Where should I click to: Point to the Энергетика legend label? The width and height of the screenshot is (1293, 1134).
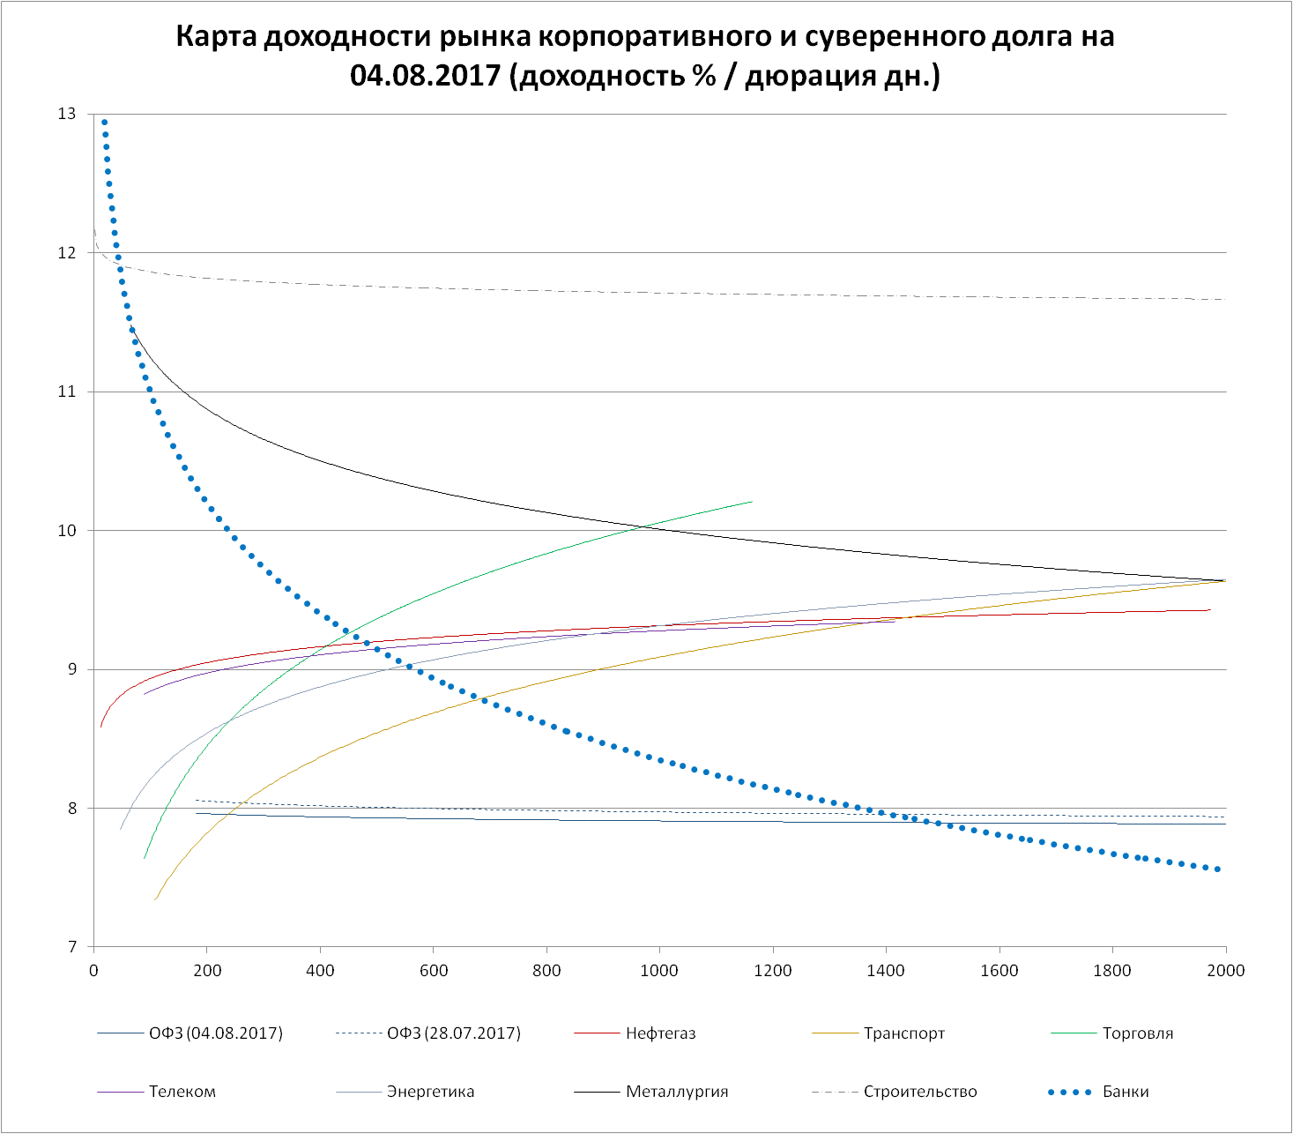430,1092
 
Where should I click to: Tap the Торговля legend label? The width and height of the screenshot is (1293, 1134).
1138,1033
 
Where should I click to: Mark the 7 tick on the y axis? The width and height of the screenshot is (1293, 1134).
71,947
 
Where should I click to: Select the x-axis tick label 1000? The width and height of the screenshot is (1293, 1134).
659,971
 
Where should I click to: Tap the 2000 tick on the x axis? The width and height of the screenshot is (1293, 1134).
1225,971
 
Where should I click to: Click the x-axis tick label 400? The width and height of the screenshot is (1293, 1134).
320,971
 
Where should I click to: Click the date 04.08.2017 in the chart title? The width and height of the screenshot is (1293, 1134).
427,76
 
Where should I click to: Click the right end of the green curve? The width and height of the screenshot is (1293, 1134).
752,502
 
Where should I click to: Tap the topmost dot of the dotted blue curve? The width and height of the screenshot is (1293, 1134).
104,123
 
